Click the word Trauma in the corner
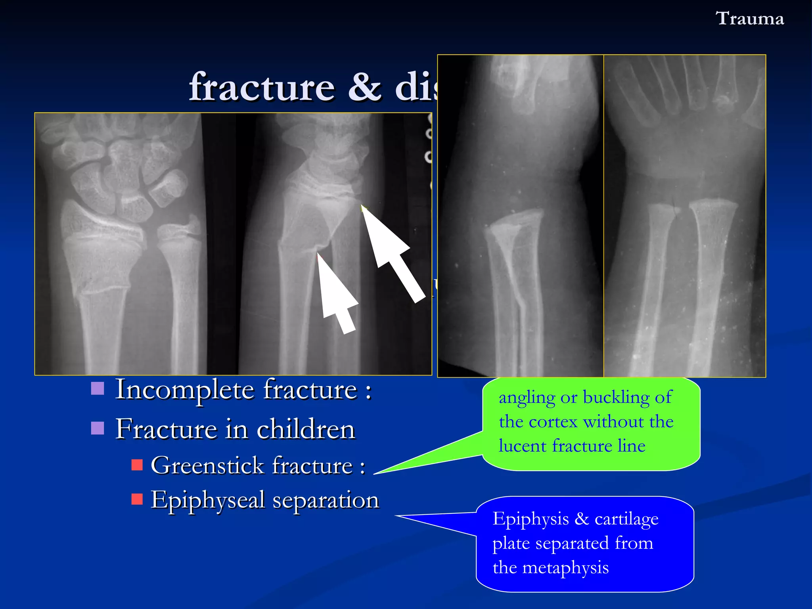(x=749, y=19)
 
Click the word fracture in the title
(x=262, y=87)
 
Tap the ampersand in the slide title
(x=365, y=87)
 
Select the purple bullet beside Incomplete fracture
(x=98, y=389)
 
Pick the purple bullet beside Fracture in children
(x=98, y=428)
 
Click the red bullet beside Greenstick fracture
(x=137, y=465)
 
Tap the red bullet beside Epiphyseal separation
(x=137, y=499)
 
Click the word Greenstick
(x=207, y=465)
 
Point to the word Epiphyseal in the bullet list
(x=207, y=500)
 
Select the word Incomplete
(x=185, y=390)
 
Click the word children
(x=306, y=429)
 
